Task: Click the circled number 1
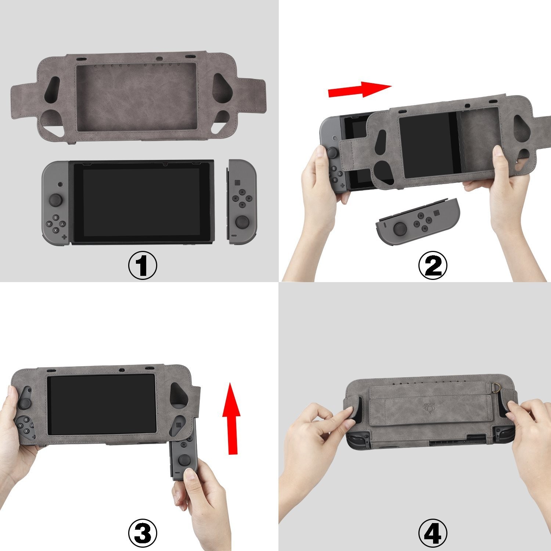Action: click(x=143, y=266)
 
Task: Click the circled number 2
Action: click(x=433, y=266)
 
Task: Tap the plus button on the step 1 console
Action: click(x=65, y=237)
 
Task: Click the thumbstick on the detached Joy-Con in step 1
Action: click(x=242, y=222)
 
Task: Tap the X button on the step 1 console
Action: click(x=55, y=230)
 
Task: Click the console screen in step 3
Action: click(x=101, y=404)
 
